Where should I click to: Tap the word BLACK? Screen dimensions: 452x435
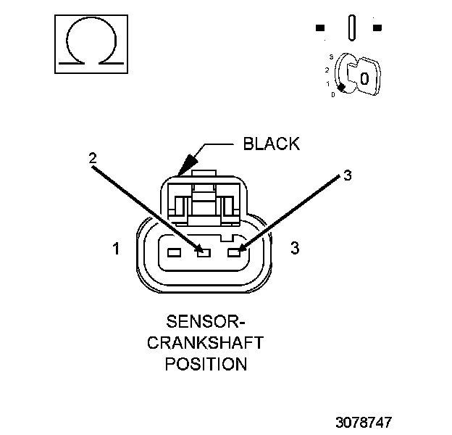click(x=271, y=144)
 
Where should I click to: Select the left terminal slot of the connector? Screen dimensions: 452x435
click(x=173, y=253)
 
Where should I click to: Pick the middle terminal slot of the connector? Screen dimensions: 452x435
click(x=204, y=253)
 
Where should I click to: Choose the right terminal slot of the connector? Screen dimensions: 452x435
click(x=233, y=253)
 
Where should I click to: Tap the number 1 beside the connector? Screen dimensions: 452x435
click(x=116, y=249)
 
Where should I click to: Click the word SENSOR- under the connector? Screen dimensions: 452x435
click(x=206, y=321)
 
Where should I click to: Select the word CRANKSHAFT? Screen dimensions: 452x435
click(x=206, y=342)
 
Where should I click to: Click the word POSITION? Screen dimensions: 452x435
click(x=206, y=363)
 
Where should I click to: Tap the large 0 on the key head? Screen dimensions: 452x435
click(x=365, y=78)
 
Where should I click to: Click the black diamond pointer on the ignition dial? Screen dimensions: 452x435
click(x=340, y=87)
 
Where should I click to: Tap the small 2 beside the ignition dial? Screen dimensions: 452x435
click(x=327, y=70)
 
